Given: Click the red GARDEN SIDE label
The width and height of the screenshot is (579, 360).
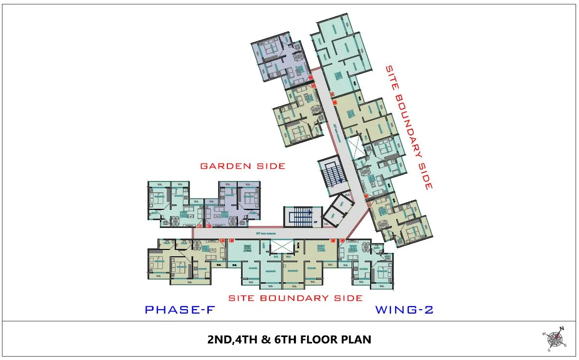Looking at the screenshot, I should pyautogui.click(x=243, y=166).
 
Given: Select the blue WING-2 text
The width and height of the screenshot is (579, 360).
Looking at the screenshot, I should pyautogui.click(x=404, y=310).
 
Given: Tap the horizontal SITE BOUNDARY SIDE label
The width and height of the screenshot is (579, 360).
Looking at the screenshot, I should pyautogui.click(x=296, y=298).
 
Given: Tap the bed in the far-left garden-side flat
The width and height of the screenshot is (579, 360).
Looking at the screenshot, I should pyautogui.click(x=158, y=198).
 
